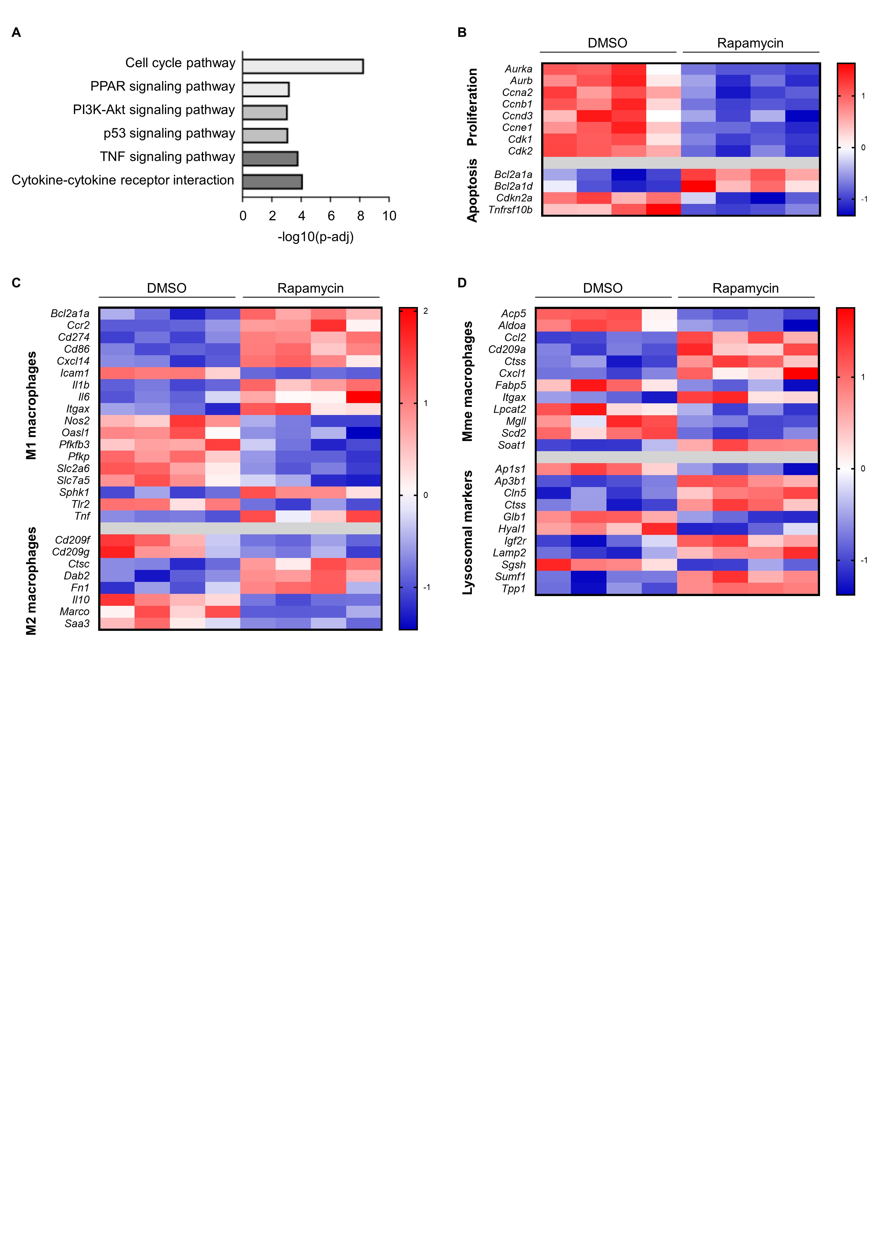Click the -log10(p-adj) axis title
316,237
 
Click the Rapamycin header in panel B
750,43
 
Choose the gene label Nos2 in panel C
77,421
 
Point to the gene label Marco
75,612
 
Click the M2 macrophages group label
32,581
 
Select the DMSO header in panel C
167,288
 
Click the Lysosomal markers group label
468,532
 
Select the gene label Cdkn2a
514,198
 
